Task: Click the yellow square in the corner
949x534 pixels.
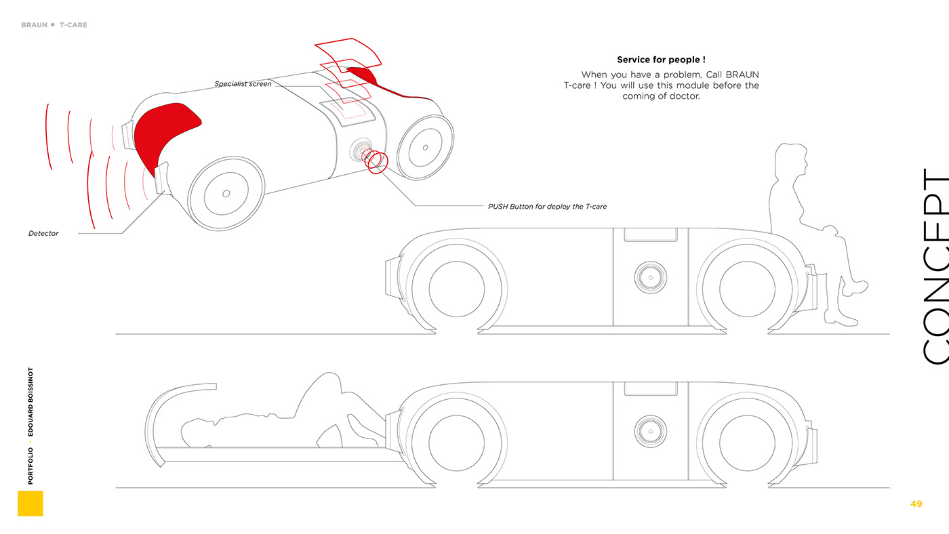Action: pyautogui.click(x=30, y=504)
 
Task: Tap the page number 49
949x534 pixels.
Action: pyautogui.click(x=916, y=504)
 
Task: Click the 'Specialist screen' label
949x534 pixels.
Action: pyautogui.click(x=243, y=84)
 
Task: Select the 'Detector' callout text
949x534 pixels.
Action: pyautogui.click(x=43, y=233)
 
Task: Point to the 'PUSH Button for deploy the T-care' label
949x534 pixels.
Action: pyautogui.click(x=547, y=206)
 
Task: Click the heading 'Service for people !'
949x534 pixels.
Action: pyautogui.click(x=661, y=60)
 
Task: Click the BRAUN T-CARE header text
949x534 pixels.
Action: pyautogui.click(x=54, y=25)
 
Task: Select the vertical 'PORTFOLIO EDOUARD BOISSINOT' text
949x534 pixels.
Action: pyautogui.click(x=31, y=426)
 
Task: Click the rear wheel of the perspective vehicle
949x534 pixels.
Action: pyautogui.click(x=425, y=147)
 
